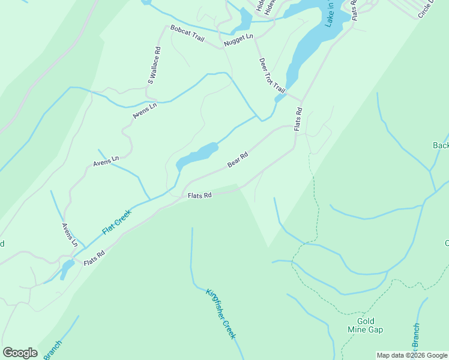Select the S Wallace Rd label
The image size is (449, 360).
click(154, 66)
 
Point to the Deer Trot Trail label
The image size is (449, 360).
click(272, 75)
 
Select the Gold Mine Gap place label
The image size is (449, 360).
click(365, 325)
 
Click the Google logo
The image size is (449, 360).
click(20, 353)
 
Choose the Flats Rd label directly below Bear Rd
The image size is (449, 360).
click(200, 196)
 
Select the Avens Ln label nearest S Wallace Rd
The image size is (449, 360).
click(145, 110)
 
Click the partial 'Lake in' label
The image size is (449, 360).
click(330, 14)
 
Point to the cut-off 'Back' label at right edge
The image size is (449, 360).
click(441, 145)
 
